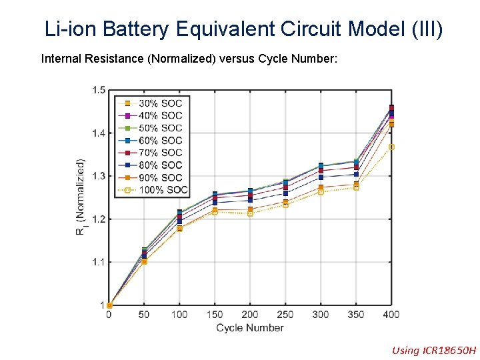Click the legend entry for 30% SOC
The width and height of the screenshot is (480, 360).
[x=160, y=103]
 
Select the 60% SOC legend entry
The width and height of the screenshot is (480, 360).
[x=160, y=140]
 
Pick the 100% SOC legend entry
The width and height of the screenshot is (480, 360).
[x=163, y=190]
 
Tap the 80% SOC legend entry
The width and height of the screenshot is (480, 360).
[x=160, y=165]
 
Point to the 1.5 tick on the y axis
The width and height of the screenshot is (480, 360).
[x=98, y=90]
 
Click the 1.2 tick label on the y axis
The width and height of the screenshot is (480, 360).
[x=98, y=219]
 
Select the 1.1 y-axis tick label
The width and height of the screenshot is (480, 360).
[x=98, y=262]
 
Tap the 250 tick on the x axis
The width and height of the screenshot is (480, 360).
[x=285, y=314]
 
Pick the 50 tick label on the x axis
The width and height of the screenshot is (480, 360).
[x=144, y=314]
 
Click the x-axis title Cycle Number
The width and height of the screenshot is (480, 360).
[x=249, y=327]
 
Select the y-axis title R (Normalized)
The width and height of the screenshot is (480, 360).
[x=80, y=197]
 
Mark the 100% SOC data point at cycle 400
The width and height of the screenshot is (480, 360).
[x=391, y=147]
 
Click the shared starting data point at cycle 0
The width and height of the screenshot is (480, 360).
[x=109, y=305]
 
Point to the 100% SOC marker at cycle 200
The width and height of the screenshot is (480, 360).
[x=250, y=213]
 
